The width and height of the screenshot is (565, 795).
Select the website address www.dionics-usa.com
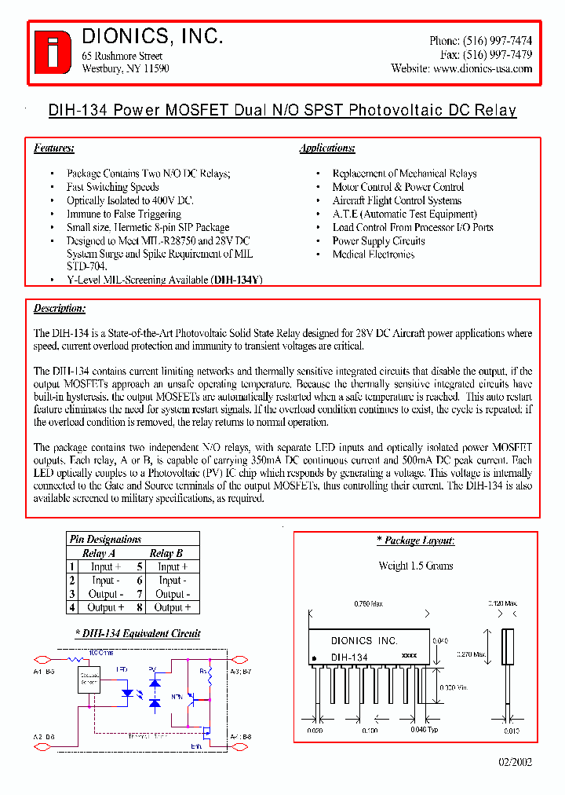pyautogui.click(x=483, y=68)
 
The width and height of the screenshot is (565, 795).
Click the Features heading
pyautogui.click(x=54, y=148)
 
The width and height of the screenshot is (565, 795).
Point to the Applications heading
pyautogui.click(x=327, y=148)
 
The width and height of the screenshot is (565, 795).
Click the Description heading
pyautogui.click(x=60, y=309)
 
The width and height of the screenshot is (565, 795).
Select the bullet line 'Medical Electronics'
pyautogui.click(x=374, y=255)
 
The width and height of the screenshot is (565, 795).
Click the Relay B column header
pyautogui.click(x=166, y=553)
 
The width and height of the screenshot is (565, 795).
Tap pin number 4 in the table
pyautogui.click(x=71, y=607)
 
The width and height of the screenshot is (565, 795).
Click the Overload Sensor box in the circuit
pyautogui.click(x=89, y=681)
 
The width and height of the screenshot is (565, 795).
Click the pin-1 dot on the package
pyautogui.click(x=315, y=658)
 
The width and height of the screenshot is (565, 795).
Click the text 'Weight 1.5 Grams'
pyautogui.click(x=416, y=566)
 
